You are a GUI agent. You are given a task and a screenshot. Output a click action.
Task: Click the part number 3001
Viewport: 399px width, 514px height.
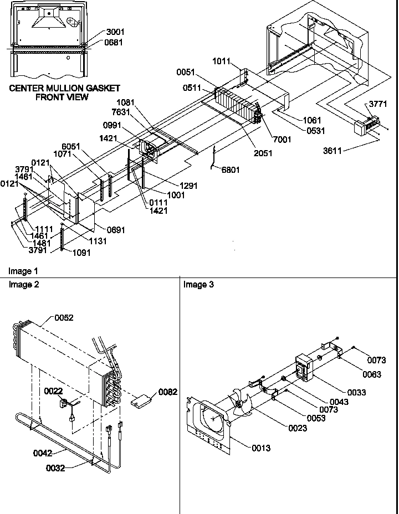(115, 32)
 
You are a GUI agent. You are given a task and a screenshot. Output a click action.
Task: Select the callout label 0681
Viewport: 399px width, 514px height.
(115, 42)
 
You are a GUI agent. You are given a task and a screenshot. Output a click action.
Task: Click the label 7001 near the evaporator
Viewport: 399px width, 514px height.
(281, 140)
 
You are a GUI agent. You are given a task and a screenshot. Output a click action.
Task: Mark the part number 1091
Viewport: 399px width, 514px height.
(81, 253)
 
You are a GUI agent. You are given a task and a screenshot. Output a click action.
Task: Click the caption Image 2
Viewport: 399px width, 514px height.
(24, 285)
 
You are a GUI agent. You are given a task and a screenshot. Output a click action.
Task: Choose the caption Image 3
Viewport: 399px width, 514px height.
(198, 285)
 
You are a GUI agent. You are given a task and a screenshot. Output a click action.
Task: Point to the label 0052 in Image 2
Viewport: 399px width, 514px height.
(64, 318)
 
